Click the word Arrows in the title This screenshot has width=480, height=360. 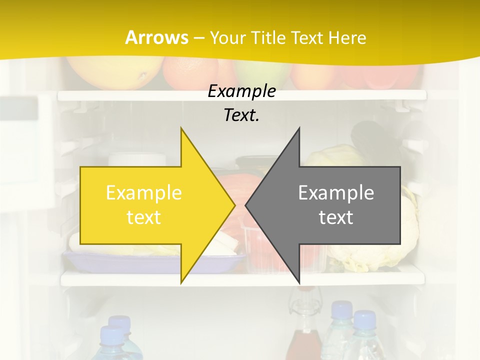point(156,37)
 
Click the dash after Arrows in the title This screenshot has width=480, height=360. point(199,38)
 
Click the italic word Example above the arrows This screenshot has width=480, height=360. point(241,91)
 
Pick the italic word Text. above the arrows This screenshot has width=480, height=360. point(241,115)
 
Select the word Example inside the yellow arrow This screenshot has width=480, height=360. point(143,192)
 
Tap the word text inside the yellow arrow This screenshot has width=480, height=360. point(143,217)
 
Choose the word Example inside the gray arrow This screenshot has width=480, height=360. point(336,192)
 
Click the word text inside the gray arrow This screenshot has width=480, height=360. point(336,217)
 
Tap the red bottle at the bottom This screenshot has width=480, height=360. point(303,340)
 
